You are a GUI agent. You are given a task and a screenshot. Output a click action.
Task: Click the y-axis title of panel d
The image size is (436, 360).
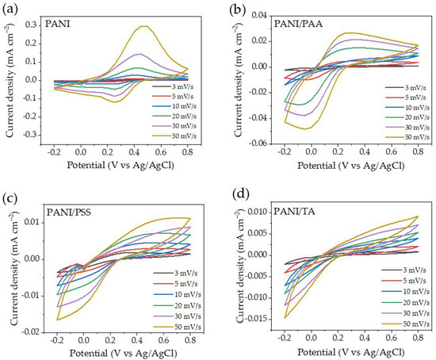229,262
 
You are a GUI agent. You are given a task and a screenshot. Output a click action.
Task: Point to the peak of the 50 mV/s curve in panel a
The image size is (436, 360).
143,26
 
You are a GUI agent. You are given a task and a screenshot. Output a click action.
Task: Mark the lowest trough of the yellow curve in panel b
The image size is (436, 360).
304,128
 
